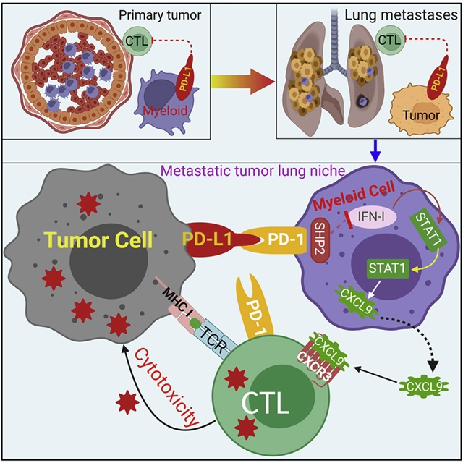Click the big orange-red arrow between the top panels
coord(243,82)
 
